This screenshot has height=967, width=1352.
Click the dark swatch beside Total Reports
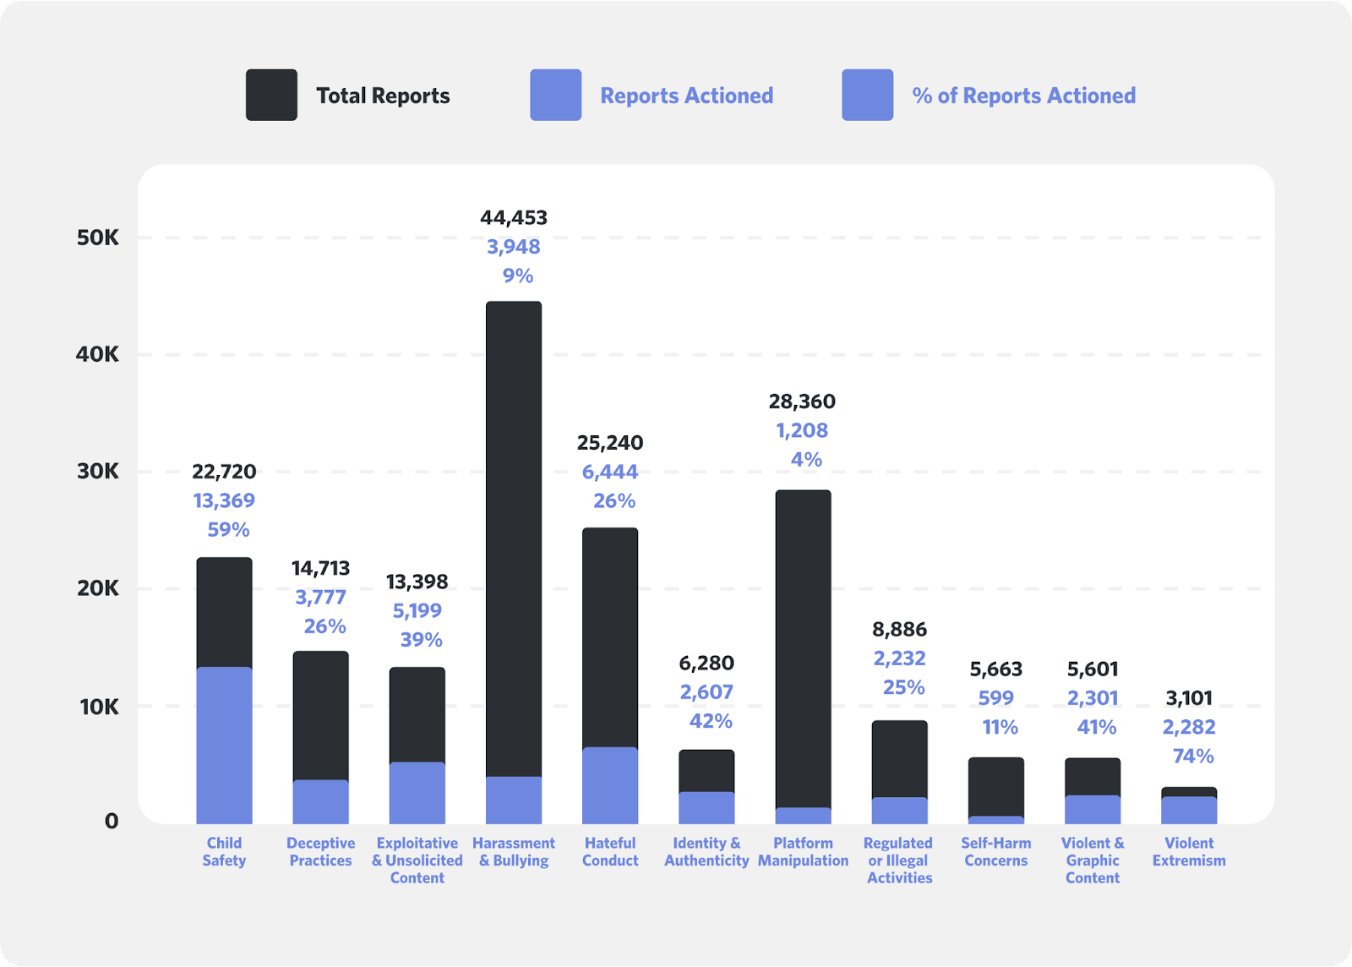pyautogui.click(x=271, y=95)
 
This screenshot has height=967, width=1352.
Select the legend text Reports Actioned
pyautogui.click(x=686, y=96)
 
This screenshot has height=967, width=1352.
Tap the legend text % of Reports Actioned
pyautogui.click(x=1023, y=96)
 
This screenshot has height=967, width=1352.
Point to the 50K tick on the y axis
pyautogui.click(x=98, y=238)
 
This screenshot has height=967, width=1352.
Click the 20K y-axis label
pyautogui.click(x=98, y=588)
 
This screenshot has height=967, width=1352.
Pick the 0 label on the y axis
pyautogui.click(x=111, y=821)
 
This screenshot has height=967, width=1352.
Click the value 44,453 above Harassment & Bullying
pyautogui.click(x=514, y=218)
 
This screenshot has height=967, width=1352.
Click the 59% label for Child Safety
pyautogui.click(x=228, y=530)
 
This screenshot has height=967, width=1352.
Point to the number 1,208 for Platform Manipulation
pyautogui.click(x=802, y=430)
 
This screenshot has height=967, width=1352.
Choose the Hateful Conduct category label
pyautogui.click(x=610, y=851)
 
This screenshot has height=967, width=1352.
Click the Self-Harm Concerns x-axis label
pyautogui.click(x=995, y=851)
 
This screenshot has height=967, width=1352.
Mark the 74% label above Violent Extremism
pyautogui.click(x=1192, y=756)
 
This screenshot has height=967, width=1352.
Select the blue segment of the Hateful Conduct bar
pyautogui.click(x=610, y=785)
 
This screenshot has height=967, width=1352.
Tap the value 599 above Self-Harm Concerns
pyautogui.click(x=995, y=698)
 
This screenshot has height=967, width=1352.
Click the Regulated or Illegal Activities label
pyautogui.click(x=899, y=860)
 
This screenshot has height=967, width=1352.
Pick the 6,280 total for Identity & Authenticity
pyautogui.click(x=706, y=664)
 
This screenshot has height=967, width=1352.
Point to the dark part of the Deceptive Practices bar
pyautogui.click(x=320, y=714)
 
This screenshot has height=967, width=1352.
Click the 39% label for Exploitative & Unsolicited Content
pyautogui.click(x=421, y=640)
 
